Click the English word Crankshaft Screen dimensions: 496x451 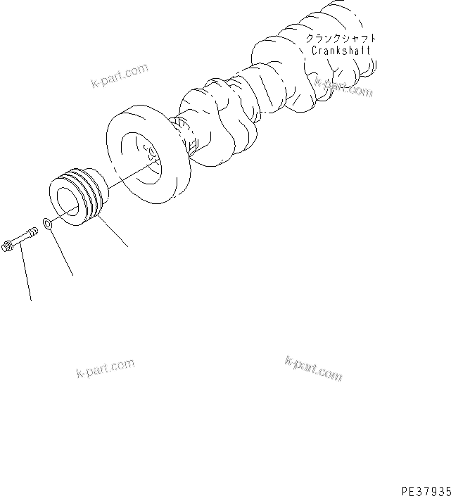point(341,51)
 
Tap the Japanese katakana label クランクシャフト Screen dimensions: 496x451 point(341,38)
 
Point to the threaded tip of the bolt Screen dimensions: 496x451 point(36,229)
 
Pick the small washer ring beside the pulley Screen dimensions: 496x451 point(48,224)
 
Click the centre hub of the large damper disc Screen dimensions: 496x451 point(150,153)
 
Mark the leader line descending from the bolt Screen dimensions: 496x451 point(25,274)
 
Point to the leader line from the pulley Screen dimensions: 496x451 point(114,232)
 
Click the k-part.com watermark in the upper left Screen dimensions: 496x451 point(120,75)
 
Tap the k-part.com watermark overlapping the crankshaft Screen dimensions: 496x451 point(343,87)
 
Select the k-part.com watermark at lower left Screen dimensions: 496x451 point(105,369)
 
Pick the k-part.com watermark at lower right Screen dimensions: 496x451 point(313,367)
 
